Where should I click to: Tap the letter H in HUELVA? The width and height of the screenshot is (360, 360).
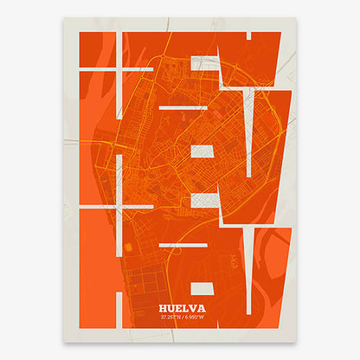point(164,306)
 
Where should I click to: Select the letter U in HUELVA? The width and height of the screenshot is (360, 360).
point(170,306)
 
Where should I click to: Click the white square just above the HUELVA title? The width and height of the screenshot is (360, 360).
point(202,287)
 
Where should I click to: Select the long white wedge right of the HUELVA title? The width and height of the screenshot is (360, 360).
point(250,277)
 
